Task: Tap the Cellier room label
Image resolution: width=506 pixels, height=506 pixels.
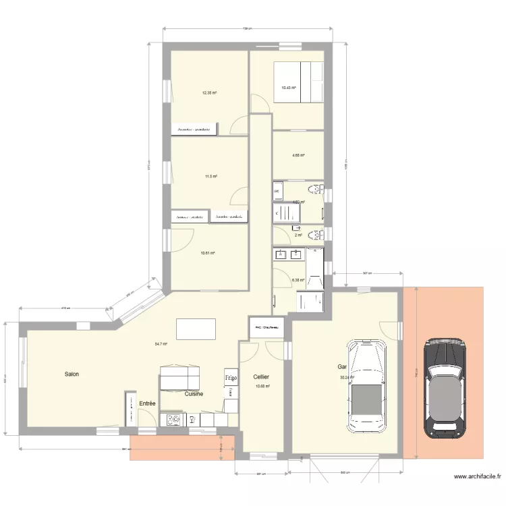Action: pyautogui.click(x=261, y=377)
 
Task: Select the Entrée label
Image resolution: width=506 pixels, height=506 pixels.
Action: pyautogui.click(x=147, y=403)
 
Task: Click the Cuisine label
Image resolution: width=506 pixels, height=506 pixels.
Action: pyautogui.click(x=194, y=393)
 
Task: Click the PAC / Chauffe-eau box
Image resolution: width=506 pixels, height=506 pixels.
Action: pyautogui.click(x=266, y=328)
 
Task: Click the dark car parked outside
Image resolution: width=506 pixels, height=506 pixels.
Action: pyautogui.click(x=447, y=388)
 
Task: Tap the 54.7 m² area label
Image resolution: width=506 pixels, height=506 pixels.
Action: pyautogui.click(x=161, y=344)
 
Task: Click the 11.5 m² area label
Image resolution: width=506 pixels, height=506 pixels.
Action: pyautogui.click(x=210, y=177)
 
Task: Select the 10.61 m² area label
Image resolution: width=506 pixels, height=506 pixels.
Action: pyautogui.click(x=207, y=254)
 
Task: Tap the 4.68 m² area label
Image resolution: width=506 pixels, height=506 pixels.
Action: pyautogui.click(x=298, y=156)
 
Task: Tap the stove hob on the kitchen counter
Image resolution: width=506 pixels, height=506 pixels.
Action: pyautogui.click(x=174, y=420)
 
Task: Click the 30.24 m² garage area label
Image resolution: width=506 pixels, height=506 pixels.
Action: pyautogui.click(x=347, y=377)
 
